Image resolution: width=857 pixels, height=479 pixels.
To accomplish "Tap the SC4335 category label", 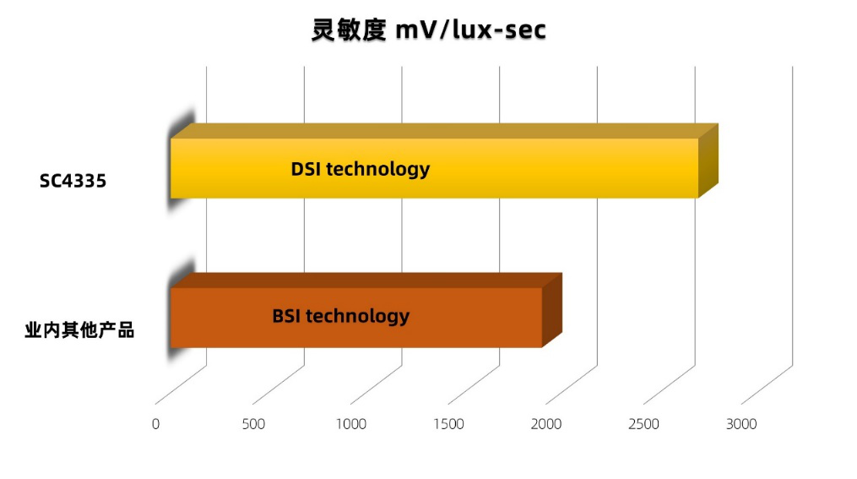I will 73,181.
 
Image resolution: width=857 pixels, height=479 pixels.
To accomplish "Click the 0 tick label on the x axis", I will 155,424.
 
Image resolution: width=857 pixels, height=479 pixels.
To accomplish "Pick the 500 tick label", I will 253,424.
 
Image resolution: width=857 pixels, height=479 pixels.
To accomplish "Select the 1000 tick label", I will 351,424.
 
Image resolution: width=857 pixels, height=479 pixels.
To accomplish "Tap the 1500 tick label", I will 448,424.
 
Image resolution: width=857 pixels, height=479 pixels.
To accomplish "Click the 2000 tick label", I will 546,424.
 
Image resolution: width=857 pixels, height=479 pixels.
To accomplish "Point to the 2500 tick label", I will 644,424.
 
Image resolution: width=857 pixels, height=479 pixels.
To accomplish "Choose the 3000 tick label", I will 741,424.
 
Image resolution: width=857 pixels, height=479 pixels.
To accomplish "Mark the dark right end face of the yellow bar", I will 708,161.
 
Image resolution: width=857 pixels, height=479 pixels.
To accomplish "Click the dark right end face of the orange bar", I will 551,309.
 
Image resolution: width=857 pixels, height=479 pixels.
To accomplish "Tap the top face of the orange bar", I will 363,280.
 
